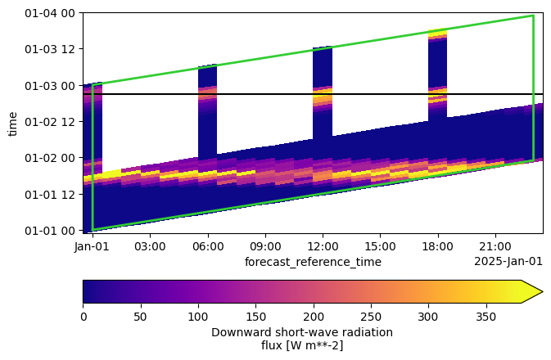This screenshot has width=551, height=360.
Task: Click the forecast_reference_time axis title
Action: (313, 262)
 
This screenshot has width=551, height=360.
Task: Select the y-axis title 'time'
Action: (12, 123)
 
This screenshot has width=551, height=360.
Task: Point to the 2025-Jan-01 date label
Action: (508, 262)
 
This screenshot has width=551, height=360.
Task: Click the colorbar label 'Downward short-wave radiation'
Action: (301, 332)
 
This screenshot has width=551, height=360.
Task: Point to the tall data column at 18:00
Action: (437, 74)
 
